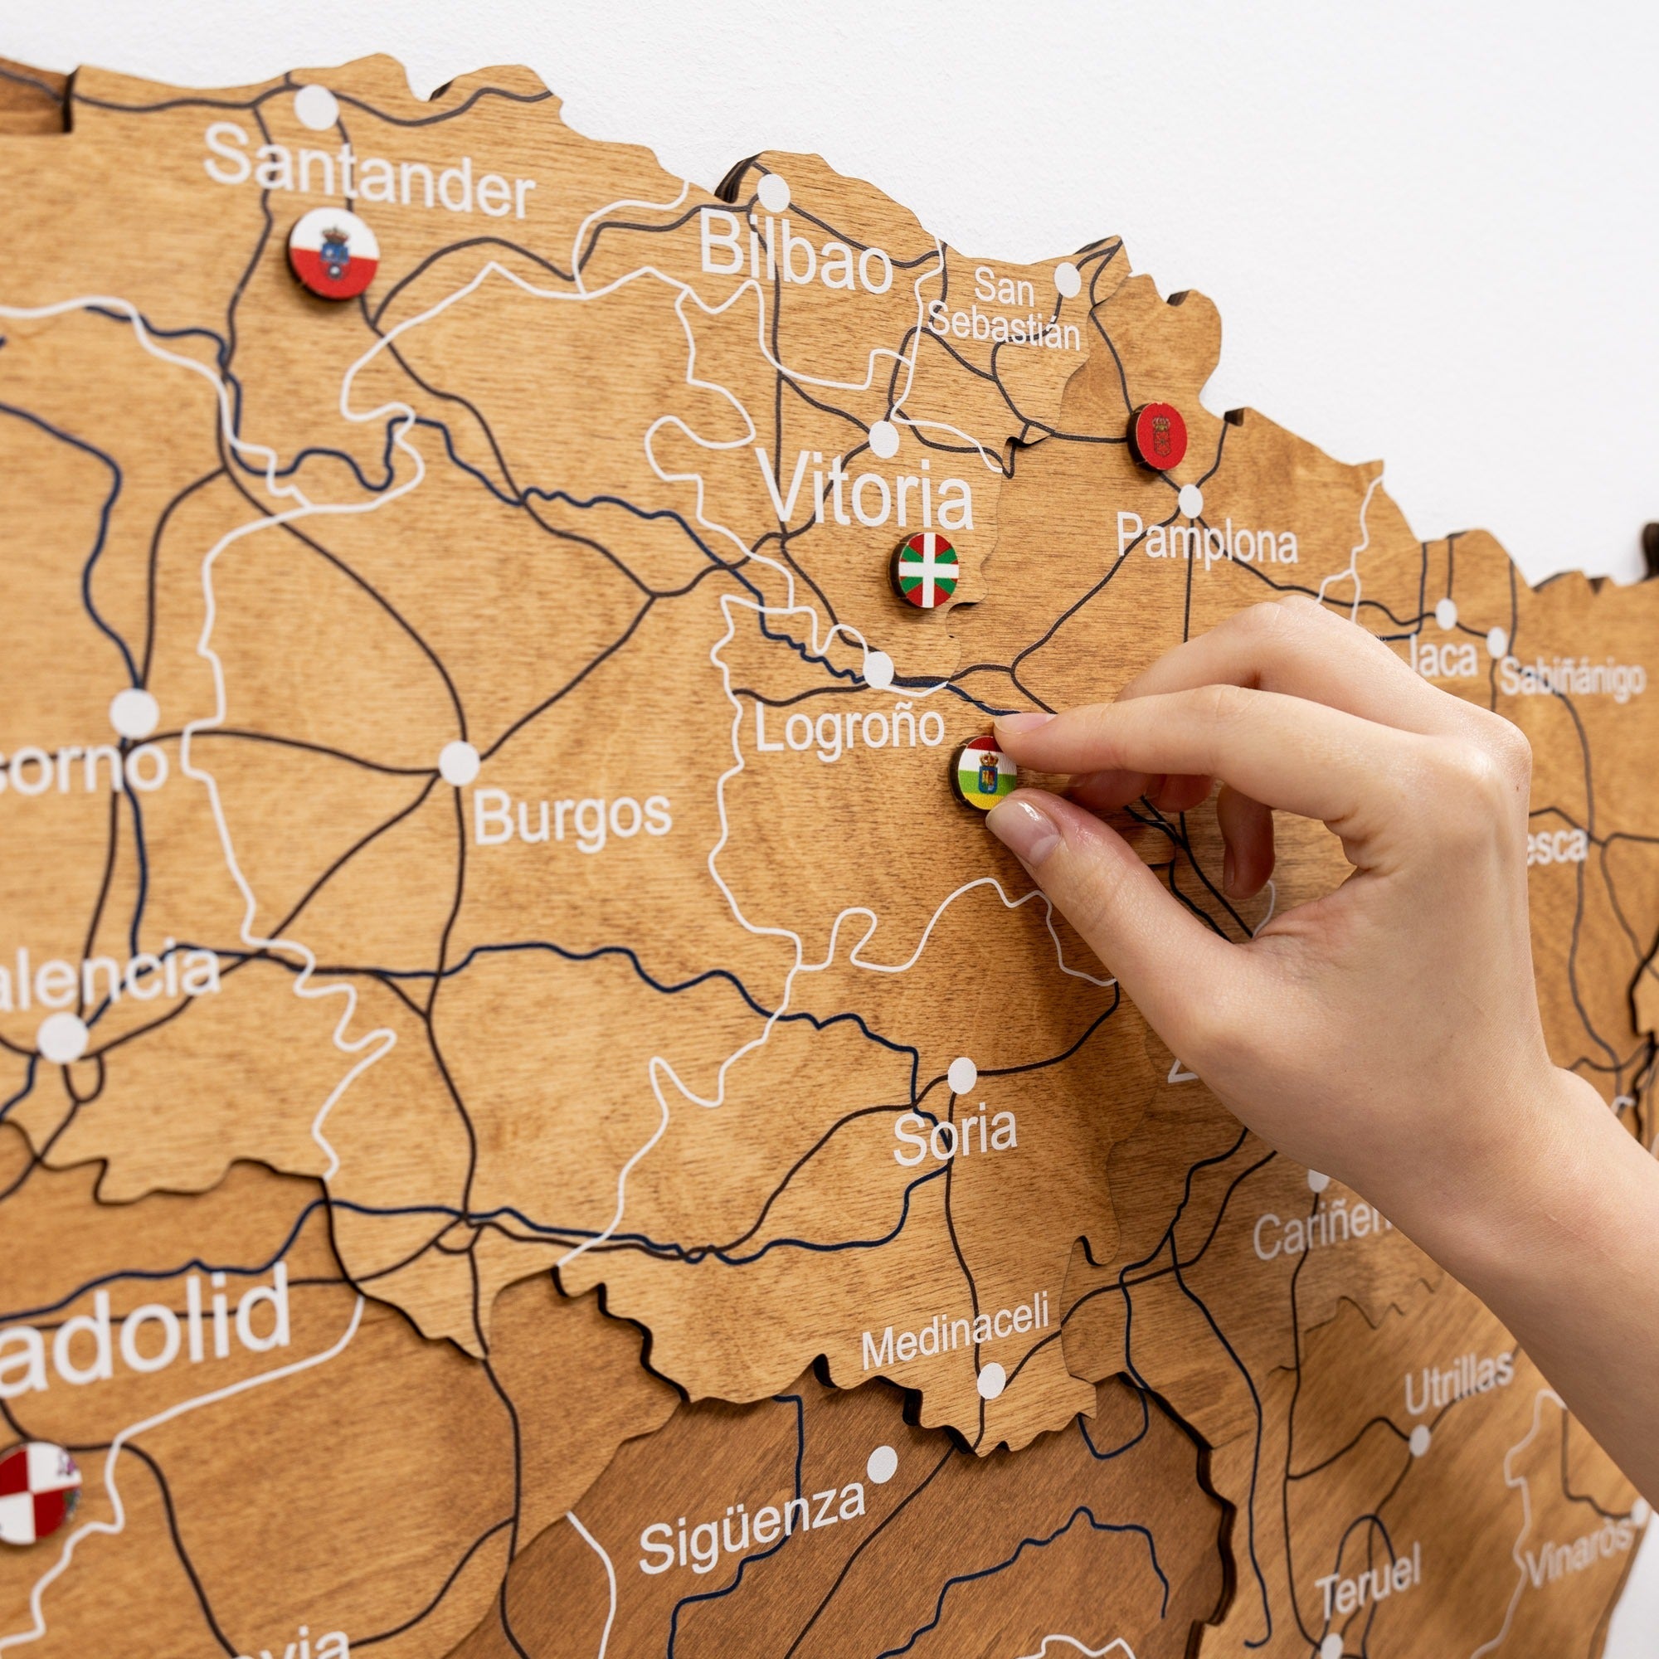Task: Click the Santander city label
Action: (x=370, y=172)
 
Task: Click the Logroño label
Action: (x=849, y=728)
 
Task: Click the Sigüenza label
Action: (x=752, y=1520)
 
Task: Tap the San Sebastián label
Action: (x=1004, y=309)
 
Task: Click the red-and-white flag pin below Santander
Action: (x=334, y=253)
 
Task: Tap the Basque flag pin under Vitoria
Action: (x=926, y=569)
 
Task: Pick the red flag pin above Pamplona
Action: (x=1157, y=436)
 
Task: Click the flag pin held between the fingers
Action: (x=984, y=772)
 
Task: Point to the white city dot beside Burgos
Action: (x=459, y=762)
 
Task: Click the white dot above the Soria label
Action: (x=961, y=1075)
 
